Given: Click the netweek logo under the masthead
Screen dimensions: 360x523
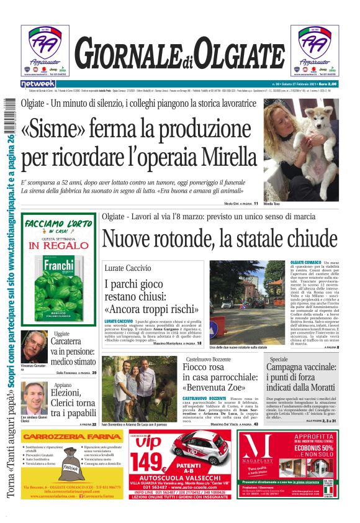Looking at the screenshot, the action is tap(38, 83).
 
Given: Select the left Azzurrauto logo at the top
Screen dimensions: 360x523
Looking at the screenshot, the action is tap(45, 50).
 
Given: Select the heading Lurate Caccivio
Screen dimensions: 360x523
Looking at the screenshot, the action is tap(127, 268).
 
